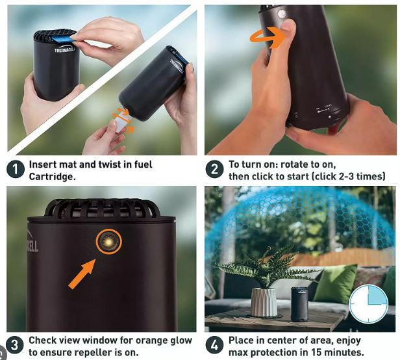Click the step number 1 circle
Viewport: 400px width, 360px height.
(x=16, y=170)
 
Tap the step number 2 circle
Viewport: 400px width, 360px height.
(x=214, y=169)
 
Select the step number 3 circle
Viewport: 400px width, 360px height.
(x=14, y=346)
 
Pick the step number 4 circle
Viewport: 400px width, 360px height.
(x=214, y=346)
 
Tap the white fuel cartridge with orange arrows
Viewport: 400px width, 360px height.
(x=120, y=123)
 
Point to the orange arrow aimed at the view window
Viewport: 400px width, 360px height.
(x=82, y=274)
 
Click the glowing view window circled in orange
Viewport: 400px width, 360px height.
(x=108, y=242)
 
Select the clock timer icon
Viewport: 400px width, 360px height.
(x=368, y=304)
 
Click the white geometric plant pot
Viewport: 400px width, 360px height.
(x=264, y=302)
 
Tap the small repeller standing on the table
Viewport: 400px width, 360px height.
(x=299, y=304)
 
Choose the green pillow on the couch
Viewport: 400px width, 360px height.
(x=335, y=284)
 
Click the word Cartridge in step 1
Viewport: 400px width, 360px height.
(x=53, y=176)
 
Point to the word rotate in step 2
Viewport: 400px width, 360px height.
(x=294, y=164)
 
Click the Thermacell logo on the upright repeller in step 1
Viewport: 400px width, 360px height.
(x=65, y=49)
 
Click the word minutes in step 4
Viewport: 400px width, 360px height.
(x=344, y=353)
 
